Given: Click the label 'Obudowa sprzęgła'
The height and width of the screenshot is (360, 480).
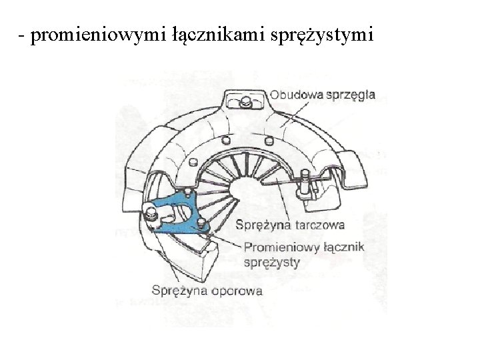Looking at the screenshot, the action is coord(323,95).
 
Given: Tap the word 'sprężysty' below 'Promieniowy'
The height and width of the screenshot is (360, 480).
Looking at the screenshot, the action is coord(272,261).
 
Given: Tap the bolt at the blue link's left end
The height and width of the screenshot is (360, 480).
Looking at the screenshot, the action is coord(150,215).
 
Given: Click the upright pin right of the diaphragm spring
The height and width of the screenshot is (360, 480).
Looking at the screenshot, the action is coord(305,183).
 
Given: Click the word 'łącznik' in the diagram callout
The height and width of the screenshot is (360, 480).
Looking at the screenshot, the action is coord(343,247).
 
